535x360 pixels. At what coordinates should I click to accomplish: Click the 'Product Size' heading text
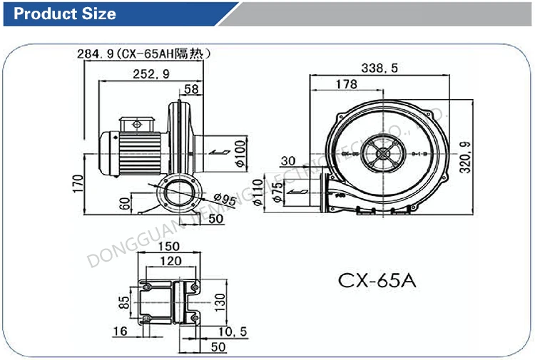[x=65, y=14]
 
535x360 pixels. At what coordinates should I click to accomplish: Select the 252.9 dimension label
[x=151, y=73]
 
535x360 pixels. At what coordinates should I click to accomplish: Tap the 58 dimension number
[x=192, y=89]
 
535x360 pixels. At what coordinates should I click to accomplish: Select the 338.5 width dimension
[x=379, y=68]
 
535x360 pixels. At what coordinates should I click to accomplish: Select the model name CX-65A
[x=376, y=279]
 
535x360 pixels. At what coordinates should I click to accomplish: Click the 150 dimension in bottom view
[x=168, y=247]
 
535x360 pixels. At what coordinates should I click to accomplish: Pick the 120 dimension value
[x=169, y=262]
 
